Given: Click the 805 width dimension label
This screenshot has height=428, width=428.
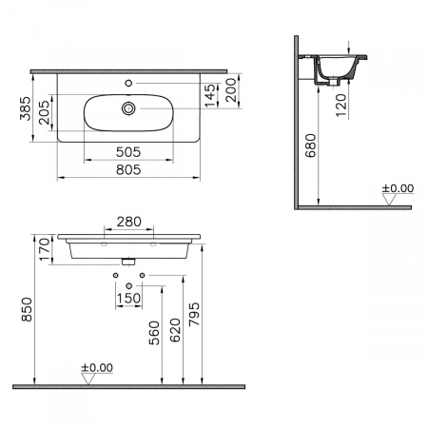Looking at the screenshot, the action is [128, 170].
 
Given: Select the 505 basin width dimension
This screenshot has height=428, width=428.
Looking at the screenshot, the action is [128, 152].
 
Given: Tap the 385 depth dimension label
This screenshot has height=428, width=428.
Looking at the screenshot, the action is [26, 108].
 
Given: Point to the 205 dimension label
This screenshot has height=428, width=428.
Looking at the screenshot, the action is [44, 112].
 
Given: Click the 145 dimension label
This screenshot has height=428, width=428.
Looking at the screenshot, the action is [210, 96].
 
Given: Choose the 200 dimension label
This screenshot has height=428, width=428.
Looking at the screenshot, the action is [231, 90].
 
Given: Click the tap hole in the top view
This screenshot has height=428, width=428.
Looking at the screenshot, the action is [128, 83].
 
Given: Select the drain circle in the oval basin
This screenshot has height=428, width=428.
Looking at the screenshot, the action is [128, 108].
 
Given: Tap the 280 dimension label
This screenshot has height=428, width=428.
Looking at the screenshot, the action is [128, 222].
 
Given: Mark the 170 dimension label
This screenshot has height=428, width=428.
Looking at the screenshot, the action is [45, 249].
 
